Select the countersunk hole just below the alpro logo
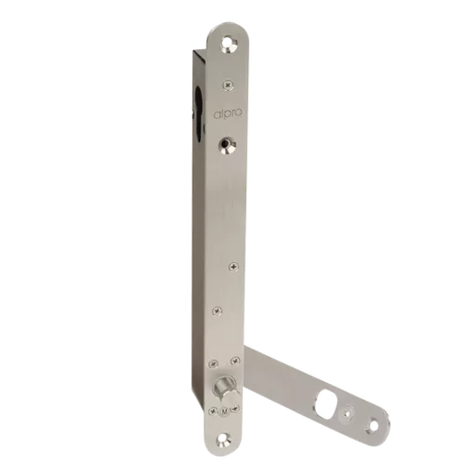pos(228,147)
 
